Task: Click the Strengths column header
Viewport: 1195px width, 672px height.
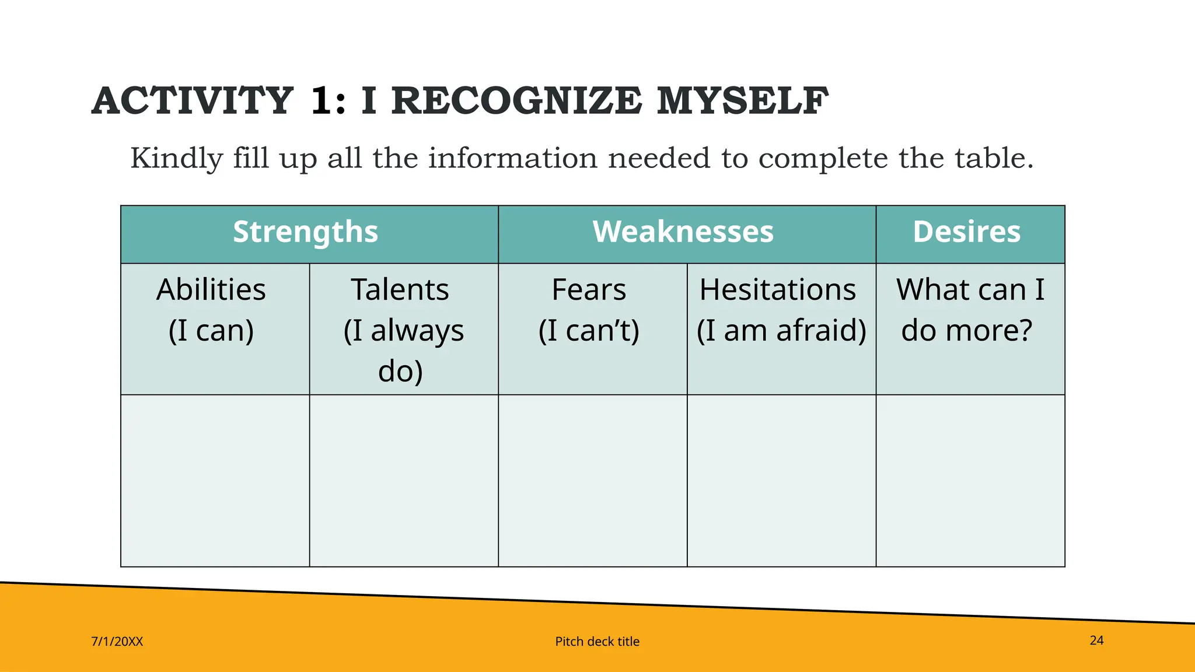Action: coord(306,233)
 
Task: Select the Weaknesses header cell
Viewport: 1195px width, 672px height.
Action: coord(683,233)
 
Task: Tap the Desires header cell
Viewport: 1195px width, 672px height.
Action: coord(967,233)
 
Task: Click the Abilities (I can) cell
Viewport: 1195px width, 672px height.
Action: coord(212,310)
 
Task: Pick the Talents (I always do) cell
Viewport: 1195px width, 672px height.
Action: coord(401,330)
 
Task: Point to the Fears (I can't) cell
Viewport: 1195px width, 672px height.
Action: coord(589,310)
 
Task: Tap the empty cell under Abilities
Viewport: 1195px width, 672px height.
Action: coord(215,480)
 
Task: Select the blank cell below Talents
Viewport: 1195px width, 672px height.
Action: coord(404,480)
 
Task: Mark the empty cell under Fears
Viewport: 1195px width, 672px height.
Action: coord(592,480)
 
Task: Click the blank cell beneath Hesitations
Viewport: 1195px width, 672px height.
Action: coord(781,480)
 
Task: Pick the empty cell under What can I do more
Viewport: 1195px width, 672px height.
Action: coord(970,480)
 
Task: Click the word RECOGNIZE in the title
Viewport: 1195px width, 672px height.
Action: coord(516,101)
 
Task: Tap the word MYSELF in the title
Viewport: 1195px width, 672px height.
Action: coord(742,101)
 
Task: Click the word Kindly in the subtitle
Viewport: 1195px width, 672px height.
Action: coord(177,159)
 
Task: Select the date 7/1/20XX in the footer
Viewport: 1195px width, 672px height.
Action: coord(117,642)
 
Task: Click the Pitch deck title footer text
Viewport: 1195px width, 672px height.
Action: coord(597,642)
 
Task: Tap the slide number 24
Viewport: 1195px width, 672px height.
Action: coord(1096,640)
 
